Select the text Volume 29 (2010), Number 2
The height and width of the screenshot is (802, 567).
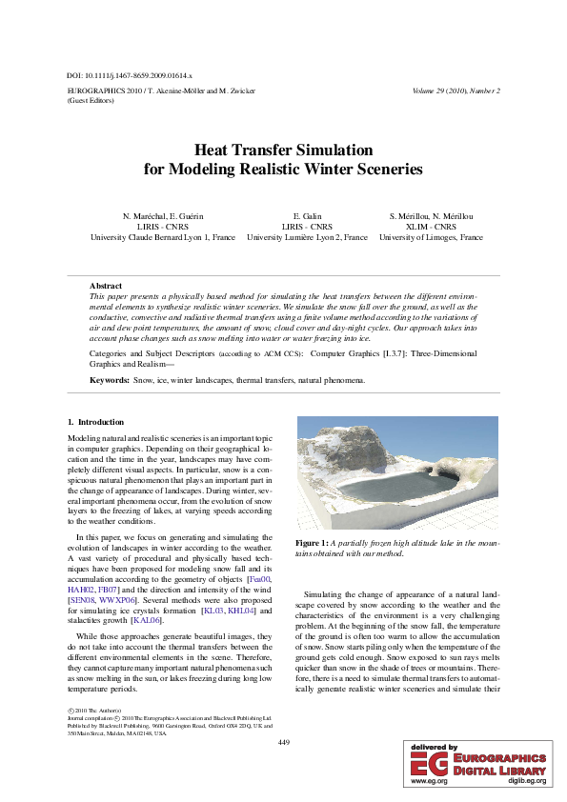[x=456, y=90]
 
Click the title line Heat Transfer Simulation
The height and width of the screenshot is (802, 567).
[x=283, y=150]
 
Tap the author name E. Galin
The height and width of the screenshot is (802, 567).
[x=306, y=217]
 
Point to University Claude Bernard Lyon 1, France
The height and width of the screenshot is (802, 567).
[x=163, y=237]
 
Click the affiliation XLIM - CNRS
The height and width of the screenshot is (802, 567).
[x=431, y=228]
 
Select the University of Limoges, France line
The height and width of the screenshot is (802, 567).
[x=431, y=237]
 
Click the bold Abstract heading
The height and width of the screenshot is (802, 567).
[x=105, y=286]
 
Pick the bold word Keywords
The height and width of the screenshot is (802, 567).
[x=110, y=380]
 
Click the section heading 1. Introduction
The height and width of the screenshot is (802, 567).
[x=95, y=422]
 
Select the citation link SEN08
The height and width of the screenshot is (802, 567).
[x=80, y=602]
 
